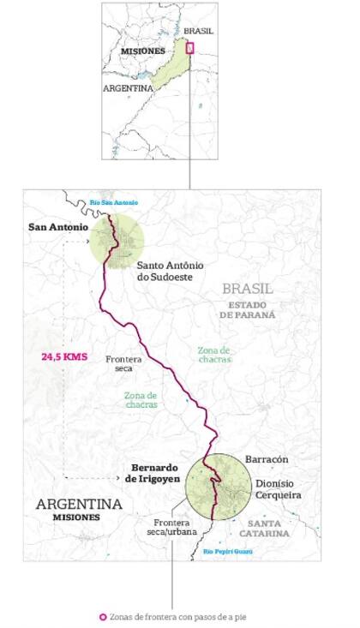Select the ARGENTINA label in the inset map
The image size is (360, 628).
click(128, 88)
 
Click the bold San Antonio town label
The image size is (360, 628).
click(57, 227)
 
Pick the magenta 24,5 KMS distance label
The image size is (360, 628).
click(65, 356)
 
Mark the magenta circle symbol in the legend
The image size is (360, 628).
click(102, 616)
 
